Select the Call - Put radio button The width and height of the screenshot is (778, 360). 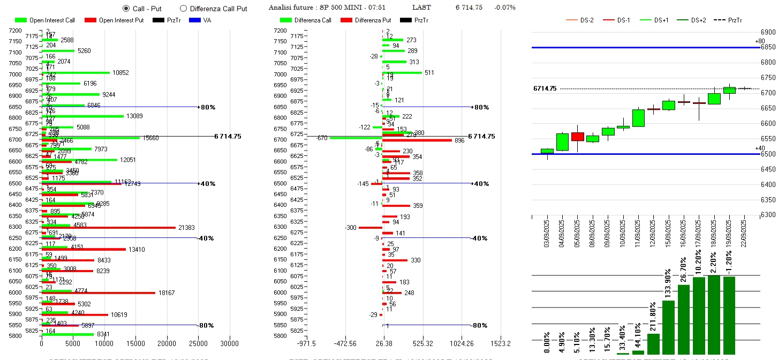[x=126, y=9]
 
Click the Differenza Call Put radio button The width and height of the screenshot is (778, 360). [x=183, y=9]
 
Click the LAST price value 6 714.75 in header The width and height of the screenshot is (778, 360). [x=469, y=7]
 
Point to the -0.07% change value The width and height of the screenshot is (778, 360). [x=504, y=7]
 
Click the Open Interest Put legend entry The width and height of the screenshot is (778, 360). [x=118, y=20]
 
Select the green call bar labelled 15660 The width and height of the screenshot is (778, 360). [x=90, y=138]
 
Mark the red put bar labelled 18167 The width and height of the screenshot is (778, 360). [x=99, y=293]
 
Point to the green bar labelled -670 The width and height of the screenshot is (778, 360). [x=356, y=138]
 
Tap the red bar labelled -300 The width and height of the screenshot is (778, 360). [x=370, y=228]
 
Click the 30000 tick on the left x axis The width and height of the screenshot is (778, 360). [x=230, y=343]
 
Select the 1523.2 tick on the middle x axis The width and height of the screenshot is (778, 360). [x=501, y=343]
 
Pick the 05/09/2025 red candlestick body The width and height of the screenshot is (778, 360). [x=578, y=137]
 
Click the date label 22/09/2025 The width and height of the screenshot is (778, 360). [x=744, y=231]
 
